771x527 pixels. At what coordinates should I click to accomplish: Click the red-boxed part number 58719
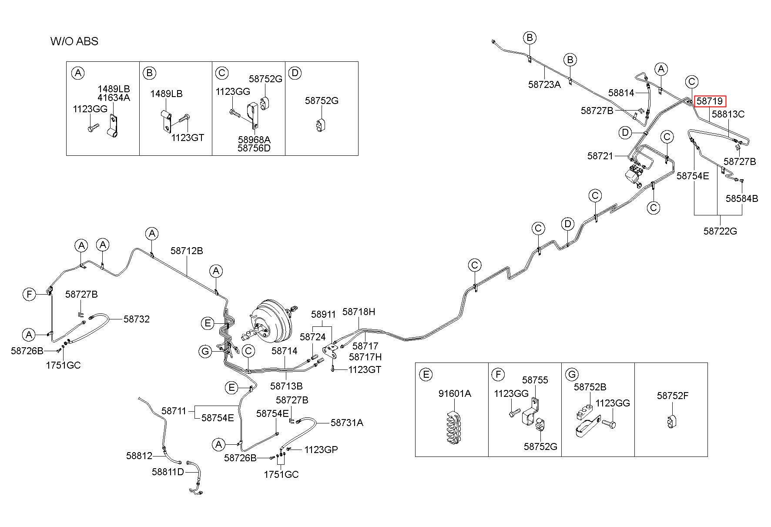tap(710, 101)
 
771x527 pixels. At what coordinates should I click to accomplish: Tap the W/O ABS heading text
tap(74, 41)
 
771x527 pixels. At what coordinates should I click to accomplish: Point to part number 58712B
tap(187, 251)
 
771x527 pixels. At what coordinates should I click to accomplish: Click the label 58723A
tap(544, 84)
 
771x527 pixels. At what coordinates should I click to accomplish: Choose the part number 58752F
tap(673, 396)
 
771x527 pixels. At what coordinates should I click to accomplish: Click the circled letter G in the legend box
tap(572, 374)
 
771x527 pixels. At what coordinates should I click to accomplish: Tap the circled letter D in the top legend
tap(295, 73)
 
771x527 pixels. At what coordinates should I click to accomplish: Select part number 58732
tap(137, 319)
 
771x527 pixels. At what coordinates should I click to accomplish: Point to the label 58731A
tap(347, 423)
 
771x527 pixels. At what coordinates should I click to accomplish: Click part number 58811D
tap(168, 472)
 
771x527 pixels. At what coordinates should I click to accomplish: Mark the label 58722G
tap(720, 231)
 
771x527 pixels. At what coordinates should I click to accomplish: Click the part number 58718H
tap(359, 312)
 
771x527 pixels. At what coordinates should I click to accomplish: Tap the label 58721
tap(600, 156)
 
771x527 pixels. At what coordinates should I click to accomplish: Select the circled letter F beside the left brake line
tap(29, 295)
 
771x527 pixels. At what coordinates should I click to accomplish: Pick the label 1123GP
tap(321, 450)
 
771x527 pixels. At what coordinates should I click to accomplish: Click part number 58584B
tap(742, 198)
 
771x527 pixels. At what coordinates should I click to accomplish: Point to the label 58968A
tap(254, 140)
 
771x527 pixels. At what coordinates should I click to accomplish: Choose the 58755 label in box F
tap(535, 380)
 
